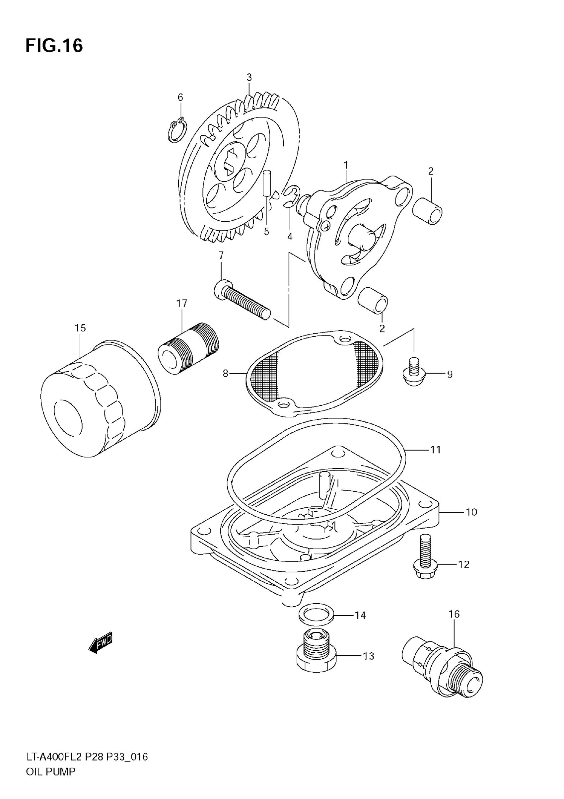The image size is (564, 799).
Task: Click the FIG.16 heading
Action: click(x=54, y=45)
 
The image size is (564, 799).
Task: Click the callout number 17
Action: click(x=181, y=304)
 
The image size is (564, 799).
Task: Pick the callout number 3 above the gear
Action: click(x=249, y=77)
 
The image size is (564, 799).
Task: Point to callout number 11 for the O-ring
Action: click(x=435, y=450)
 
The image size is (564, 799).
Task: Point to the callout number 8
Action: click(x=226, y=373)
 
